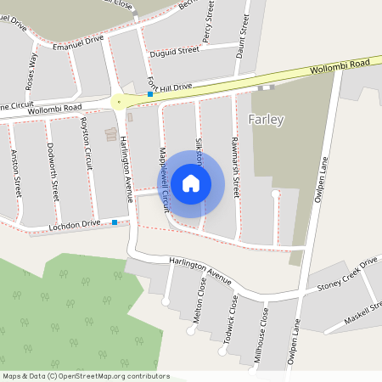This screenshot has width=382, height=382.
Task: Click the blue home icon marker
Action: click(x=191, y=183)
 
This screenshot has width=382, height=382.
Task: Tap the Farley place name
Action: click(x=266, y=119)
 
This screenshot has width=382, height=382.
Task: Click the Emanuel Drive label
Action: click(x=77, y=39)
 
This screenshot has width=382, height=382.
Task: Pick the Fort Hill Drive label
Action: click(x=170, y=87)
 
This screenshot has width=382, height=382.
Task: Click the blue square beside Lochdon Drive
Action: click(x=115, y=222)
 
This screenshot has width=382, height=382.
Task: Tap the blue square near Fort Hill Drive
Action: click(x=149, y=94)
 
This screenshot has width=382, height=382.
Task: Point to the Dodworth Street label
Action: click(x=53, y=168)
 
